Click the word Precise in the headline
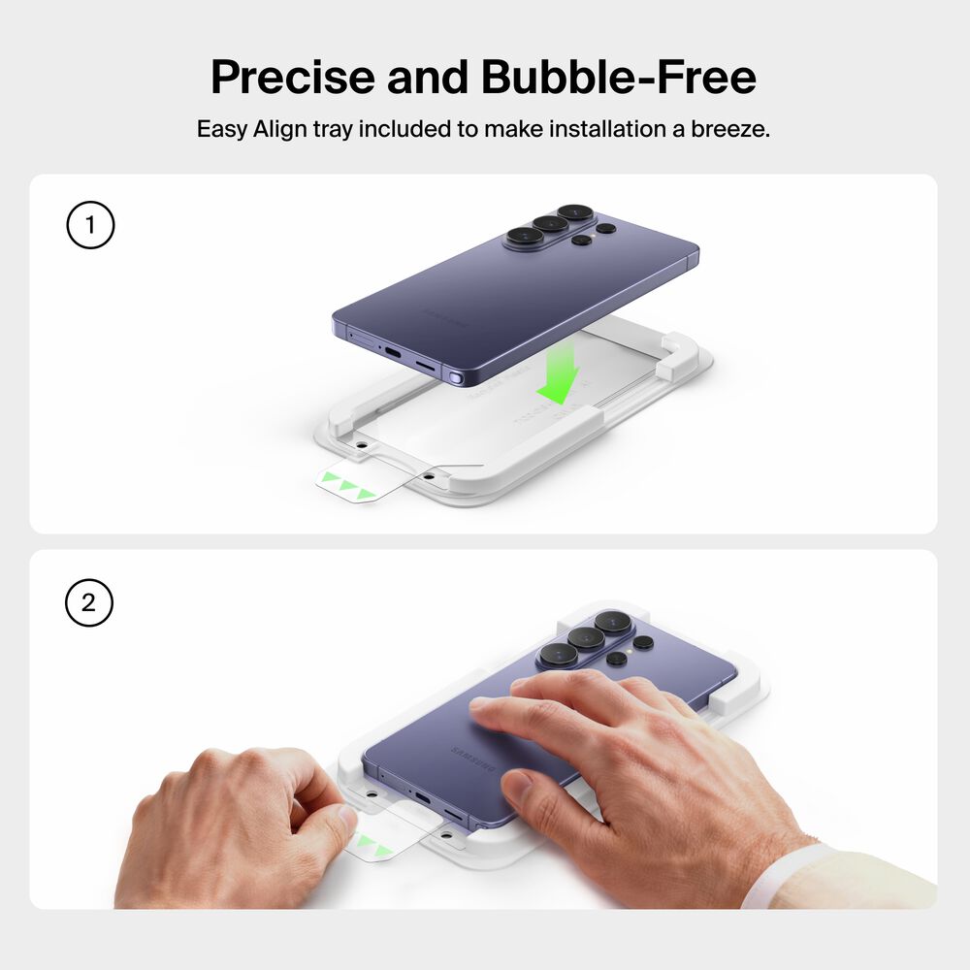[293, 77]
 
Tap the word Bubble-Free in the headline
[618, 77]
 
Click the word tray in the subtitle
[332, 130]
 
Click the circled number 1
[90, 225]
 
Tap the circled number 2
[89, 602]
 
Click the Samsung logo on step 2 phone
[473, 759]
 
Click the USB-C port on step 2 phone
[422, 796]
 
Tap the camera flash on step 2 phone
[630, 651]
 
